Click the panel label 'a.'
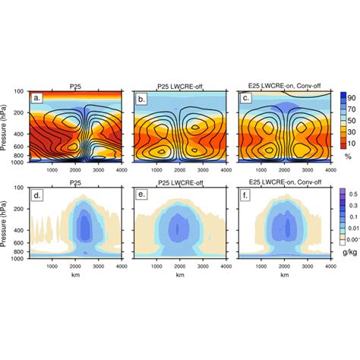click(36, 98)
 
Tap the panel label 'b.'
click(140, 98)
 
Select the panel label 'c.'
click(245, 98)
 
